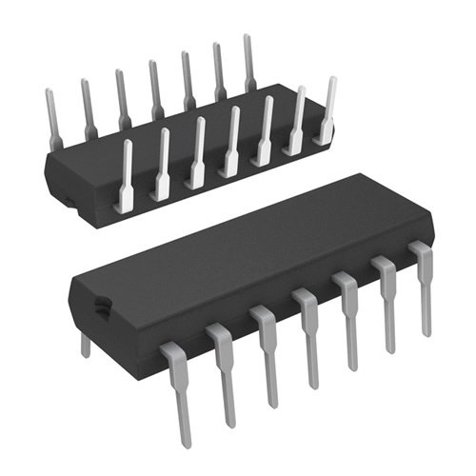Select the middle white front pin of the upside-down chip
point(231,144)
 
